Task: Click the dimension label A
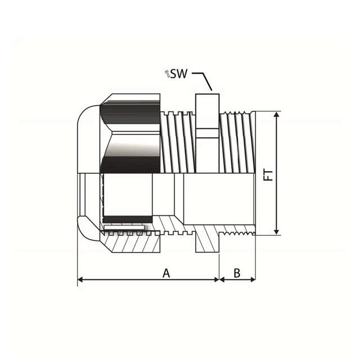pyautogui.click(x=166, y=273)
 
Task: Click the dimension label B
pyautogui.click(x=237, y=273)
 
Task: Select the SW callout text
pyautogui.click(x=179, y=73)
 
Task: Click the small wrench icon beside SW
pyautogui.click(x=167, y=73)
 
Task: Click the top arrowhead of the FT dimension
pyautogui.click(x=276, y=114)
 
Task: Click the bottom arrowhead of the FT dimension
pyautogui.click(x=276, y=231)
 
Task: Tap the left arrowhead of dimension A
pyautogui.click(x=80, y=279)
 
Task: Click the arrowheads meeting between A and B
pyautogui.click(x=219, y=279)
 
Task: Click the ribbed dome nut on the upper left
pyautogui.click(x=132, y=135)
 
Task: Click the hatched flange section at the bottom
pyautogui.click(x=206, y=242)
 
